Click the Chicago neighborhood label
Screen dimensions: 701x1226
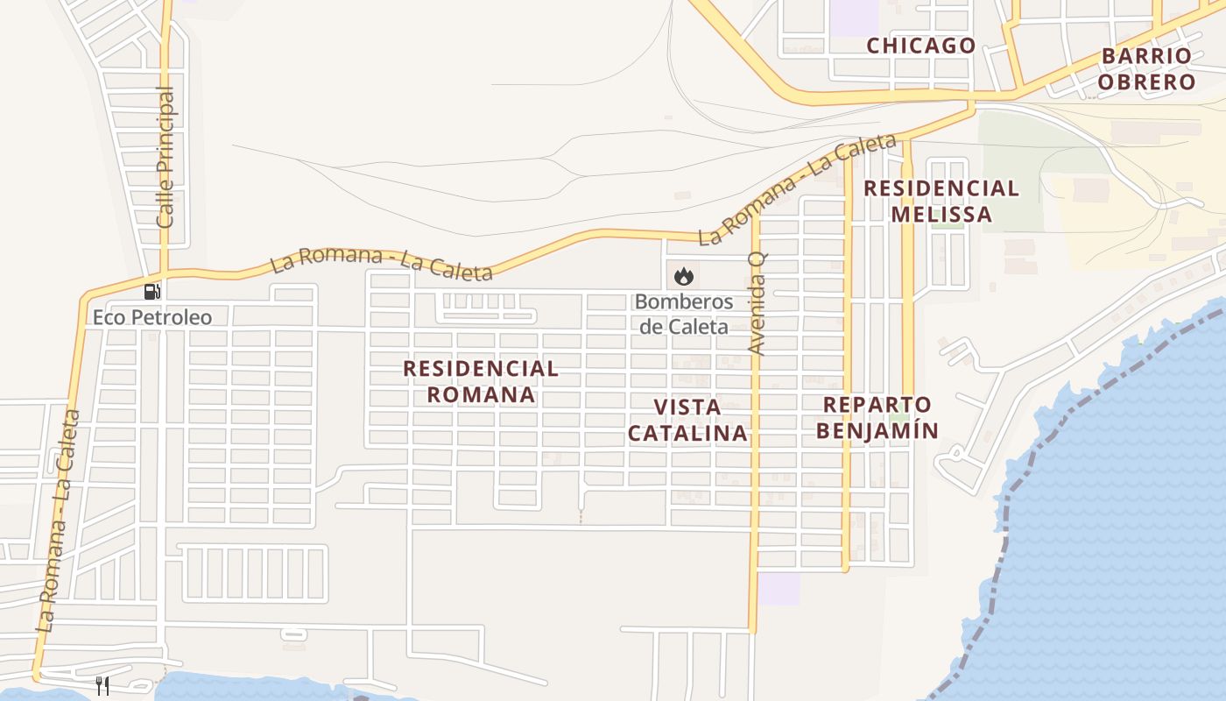(x=920, y=46)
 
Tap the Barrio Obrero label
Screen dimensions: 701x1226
(x=1146, y=69)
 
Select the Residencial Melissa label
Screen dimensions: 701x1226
(x=941, y=202)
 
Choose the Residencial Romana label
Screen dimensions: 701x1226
(x=481, y=381)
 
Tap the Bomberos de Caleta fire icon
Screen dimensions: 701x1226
(x=683, y=277)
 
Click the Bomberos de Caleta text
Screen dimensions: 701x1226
(x=683, y=314)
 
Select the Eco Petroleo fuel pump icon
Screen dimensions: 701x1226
(x=152, y=292)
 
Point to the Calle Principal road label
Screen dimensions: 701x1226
(x=166, y=158)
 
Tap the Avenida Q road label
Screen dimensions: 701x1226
(x=757, y=302)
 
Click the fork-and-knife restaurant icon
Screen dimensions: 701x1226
(x=103, y=685)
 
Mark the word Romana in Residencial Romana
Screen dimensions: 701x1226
(x=481, y=395)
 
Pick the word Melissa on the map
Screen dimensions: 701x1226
(x=941, y=215)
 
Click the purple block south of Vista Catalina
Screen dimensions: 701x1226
(x=779, y=589)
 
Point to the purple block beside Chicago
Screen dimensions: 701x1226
(x=853, y=18)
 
